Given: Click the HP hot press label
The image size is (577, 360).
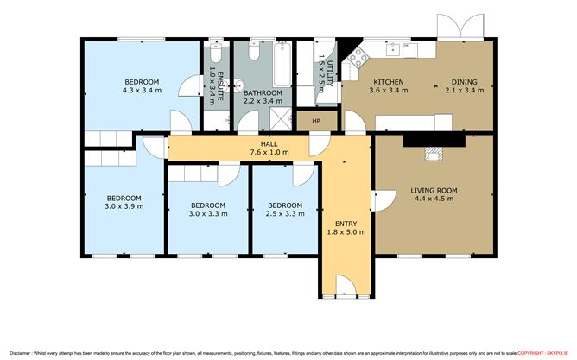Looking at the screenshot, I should coord(316,121).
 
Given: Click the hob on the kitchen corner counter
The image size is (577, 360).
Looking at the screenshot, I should coord(355,62).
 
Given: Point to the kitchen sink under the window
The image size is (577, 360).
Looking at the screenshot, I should coord(396,48).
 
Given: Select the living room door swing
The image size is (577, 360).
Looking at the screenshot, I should coord(379,201).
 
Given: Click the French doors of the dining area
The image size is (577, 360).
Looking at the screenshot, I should coord(454,28).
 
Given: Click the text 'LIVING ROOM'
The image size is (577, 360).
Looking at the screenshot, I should coord(434,190).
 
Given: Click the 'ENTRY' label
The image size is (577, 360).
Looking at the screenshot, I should coord(344,223).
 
